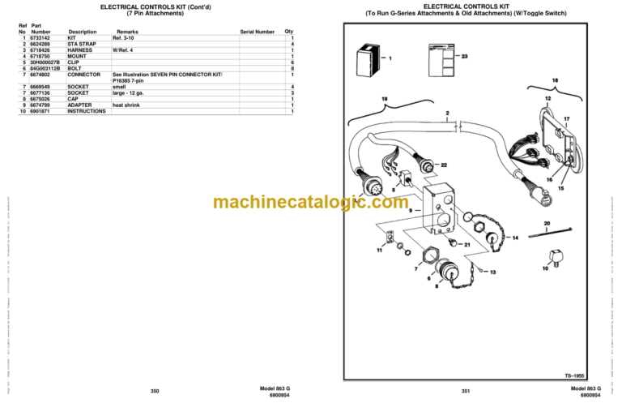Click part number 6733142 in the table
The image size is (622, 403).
point(40,38)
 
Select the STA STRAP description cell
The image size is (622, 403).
point(80,44)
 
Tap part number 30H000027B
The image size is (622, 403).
point(45,62)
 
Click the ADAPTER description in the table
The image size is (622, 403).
point(79,105)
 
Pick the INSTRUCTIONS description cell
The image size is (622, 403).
point(87,111)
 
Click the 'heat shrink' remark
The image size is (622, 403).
point(128,105)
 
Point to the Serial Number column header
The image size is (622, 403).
point(257,32)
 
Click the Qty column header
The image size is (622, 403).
point(289,32)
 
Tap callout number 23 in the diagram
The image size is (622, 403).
point(464,57)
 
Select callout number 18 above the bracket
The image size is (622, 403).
point(555,80)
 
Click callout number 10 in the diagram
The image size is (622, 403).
point(545,268)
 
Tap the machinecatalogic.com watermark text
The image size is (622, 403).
point(311,202)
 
